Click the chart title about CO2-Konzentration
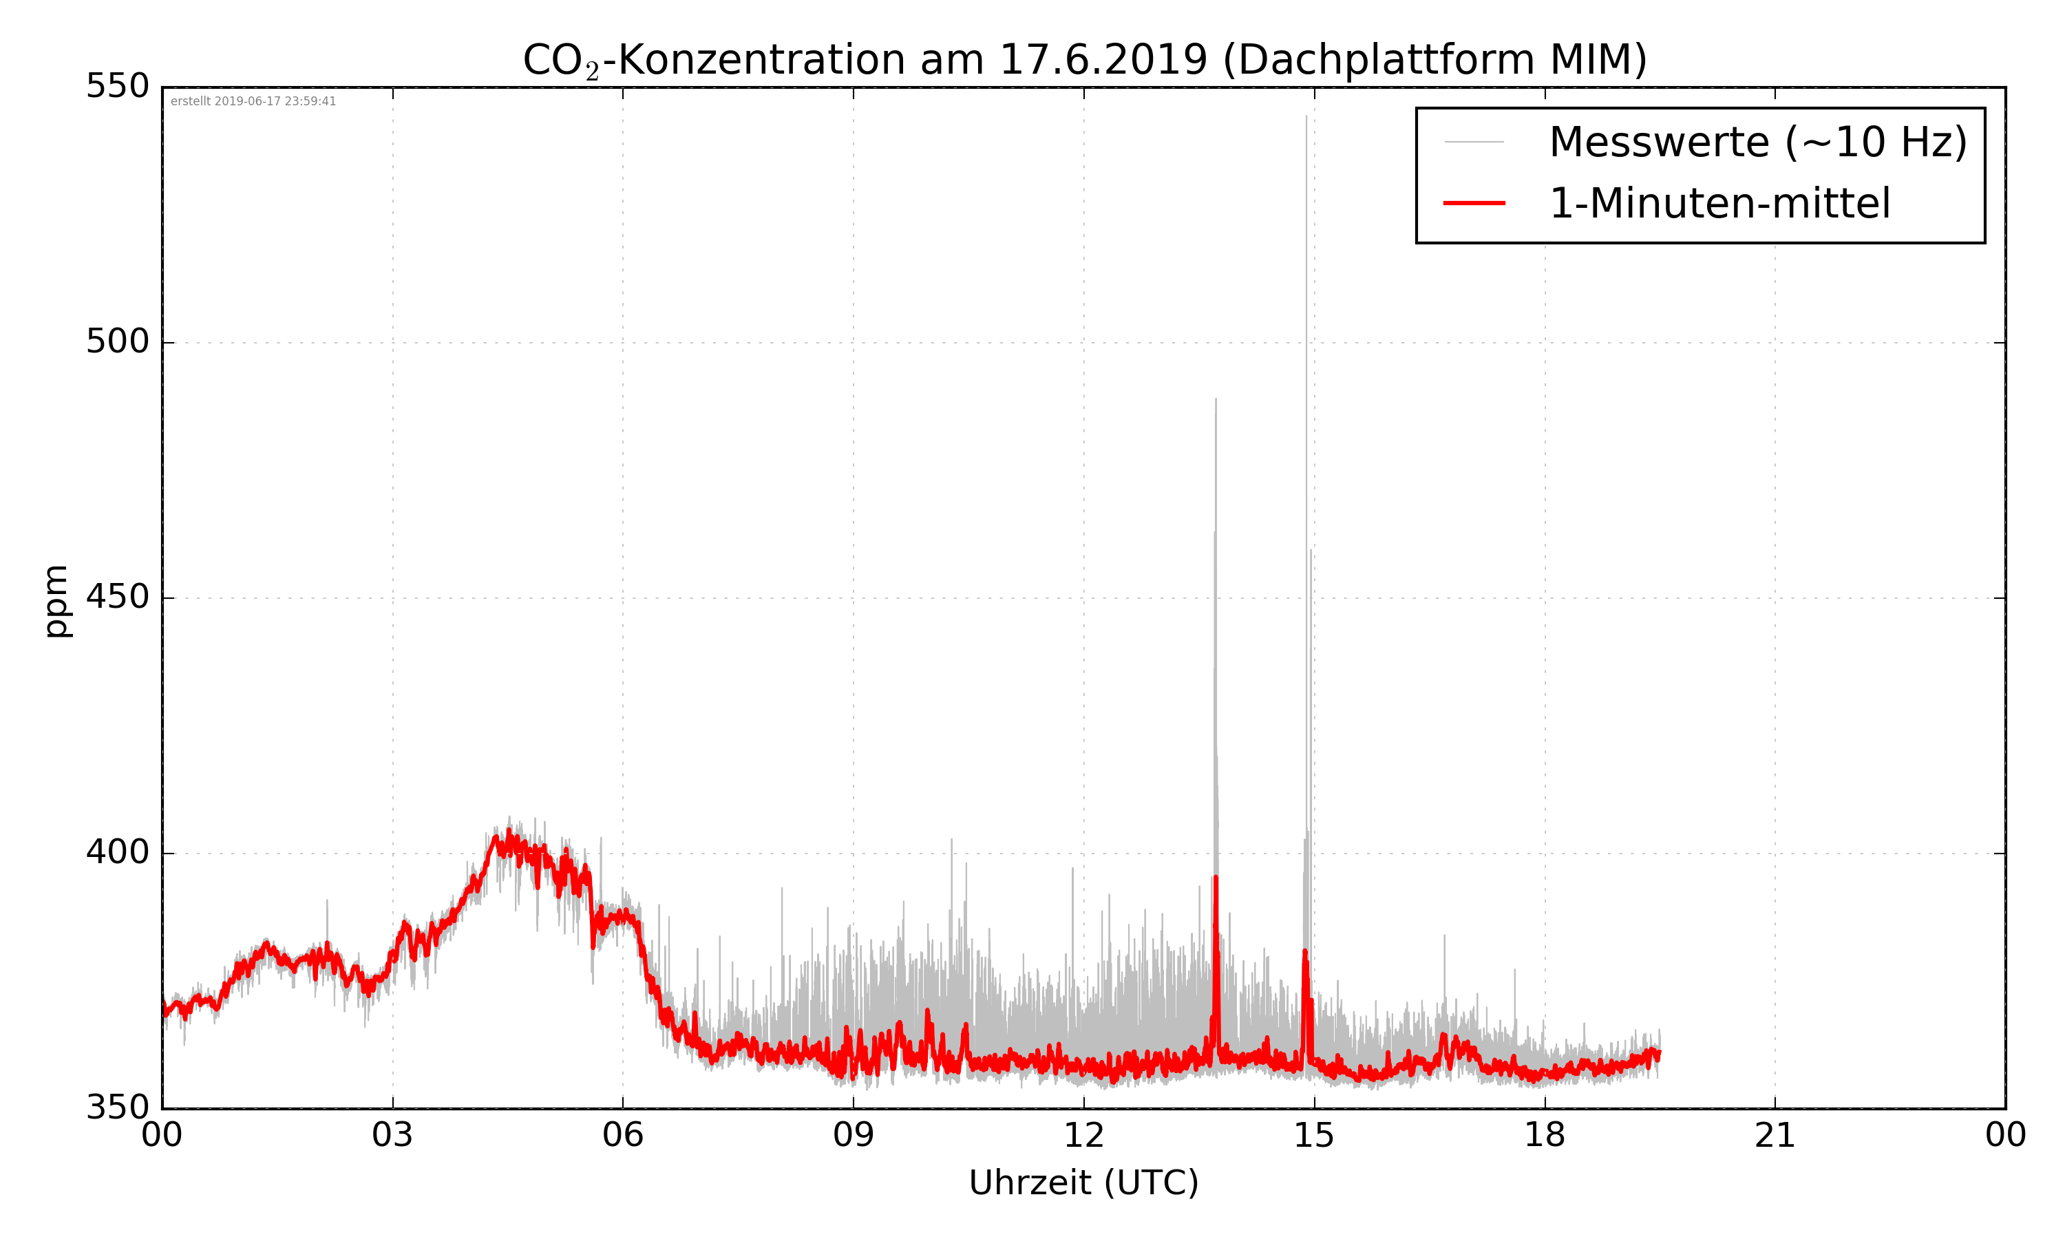1083,60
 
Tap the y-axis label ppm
56,601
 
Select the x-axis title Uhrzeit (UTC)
1083,1183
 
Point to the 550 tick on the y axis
117,86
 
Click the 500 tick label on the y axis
117,341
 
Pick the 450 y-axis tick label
117,597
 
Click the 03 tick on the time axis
392,1136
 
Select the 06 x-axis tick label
623,1136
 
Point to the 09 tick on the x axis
853,1136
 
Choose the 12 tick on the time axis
1083,1136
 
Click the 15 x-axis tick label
1314,1136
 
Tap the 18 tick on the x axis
1544,1136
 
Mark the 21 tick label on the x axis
1775,1136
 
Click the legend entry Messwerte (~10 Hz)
1758,142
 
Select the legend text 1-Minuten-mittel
1719,204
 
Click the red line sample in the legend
1474,203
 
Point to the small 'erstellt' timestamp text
253,102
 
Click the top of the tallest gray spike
1306,116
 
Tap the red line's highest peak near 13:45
1216,878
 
